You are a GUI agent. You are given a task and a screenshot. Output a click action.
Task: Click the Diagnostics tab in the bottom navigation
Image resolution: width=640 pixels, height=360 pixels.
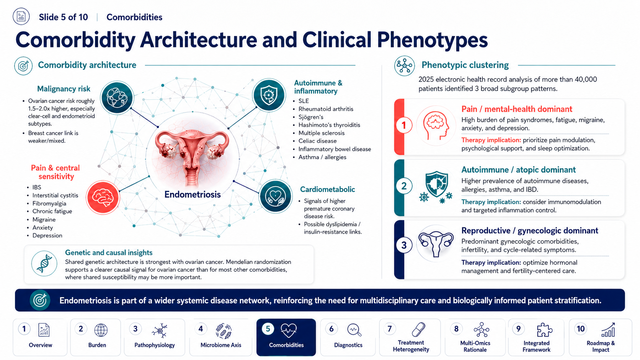[348, 337]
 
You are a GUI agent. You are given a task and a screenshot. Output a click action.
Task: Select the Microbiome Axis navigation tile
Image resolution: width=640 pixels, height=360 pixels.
[220, 337]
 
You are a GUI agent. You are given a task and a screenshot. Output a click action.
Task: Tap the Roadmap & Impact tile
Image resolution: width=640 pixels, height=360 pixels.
[600, 337]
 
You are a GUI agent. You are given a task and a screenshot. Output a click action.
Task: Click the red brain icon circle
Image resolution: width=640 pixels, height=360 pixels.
[103, 197]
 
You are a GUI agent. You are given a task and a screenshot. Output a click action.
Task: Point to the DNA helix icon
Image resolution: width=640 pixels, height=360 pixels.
[44, 264]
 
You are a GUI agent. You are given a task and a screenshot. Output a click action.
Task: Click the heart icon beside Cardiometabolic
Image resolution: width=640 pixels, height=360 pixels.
[276, 196]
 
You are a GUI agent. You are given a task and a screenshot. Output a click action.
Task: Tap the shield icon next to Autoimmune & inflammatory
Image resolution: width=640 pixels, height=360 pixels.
[269, 95]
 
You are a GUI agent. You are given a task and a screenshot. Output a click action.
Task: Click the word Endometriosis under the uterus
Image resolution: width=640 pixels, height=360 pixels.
[193, 194]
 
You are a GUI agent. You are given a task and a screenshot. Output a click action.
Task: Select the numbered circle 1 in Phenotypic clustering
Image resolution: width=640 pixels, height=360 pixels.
[404, 125]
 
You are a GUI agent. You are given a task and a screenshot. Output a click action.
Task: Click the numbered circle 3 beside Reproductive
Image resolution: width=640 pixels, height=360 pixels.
[404, 245]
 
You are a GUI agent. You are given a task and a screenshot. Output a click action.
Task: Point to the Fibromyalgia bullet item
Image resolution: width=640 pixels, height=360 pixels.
[49, 203]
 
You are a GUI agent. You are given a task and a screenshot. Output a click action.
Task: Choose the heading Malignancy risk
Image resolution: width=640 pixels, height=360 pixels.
[64, 89]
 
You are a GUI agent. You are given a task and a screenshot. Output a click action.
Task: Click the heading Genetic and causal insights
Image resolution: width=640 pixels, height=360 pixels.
[109, 252]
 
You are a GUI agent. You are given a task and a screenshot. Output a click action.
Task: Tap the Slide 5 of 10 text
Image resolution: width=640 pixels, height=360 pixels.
[63, 17]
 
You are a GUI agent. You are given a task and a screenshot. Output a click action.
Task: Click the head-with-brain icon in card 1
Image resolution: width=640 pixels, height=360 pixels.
[436, 125]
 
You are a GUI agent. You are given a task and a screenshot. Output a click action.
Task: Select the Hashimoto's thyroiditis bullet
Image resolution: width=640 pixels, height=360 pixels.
[329, 125]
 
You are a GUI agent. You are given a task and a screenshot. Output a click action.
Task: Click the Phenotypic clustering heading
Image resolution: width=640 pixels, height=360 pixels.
[465, 65]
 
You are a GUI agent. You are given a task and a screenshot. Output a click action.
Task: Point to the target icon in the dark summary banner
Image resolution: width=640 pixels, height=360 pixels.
[40, 300]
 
